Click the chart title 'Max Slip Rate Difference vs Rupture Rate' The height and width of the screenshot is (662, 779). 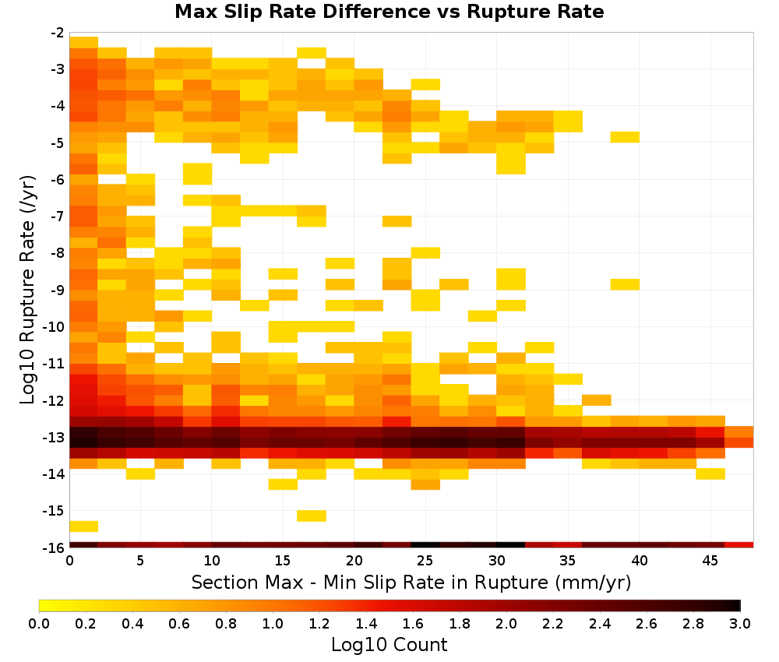tap(389, 11)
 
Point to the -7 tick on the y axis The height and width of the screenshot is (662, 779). tap(58, 217)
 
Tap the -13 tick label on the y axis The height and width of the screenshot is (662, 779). tap(55, 438)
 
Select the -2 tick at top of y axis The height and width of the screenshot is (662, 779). tap(58, 33)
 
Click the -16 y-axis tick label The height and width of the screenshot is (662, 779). tap(55, 548)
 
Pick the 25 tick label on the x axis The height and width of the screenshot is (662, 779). tap(425, 561)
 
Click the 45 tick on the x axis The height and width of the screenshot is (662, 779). tap(710, 561)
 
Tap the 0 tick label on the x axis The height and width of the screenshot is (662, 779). tap(69, 561)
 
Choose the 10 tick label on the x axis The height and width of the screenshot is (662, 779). tap(212, 561)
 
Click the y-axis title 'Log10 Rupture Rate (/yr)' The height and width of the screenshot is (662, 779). tap(27, 290)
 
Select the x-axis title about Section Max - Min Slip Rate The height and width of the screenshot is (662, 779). tap(411, 582)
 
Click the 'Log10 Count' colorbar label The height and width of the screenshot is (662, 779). tap(389, 645)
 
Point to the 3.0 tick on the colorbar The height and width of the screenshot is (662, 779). tap(740, 623)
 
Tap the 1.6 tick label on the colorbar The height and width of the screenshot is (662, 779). tap(413, 623)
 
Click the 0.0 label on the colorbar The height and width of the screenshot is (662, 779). tap(39, 623)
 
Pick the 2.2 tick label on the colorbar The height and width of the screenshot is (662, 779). tap(553, 623)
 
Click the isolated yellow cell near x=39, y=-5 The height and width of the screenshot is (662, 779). tap(625, 137)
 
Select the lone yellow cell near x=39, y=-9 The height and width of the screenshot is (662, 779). tap(625, 284)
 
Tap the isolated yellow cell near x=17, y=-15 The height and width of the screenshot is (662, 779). tap(312, 516)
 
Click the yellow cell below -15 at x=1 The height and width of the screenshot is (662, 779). tap(83, 526)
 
